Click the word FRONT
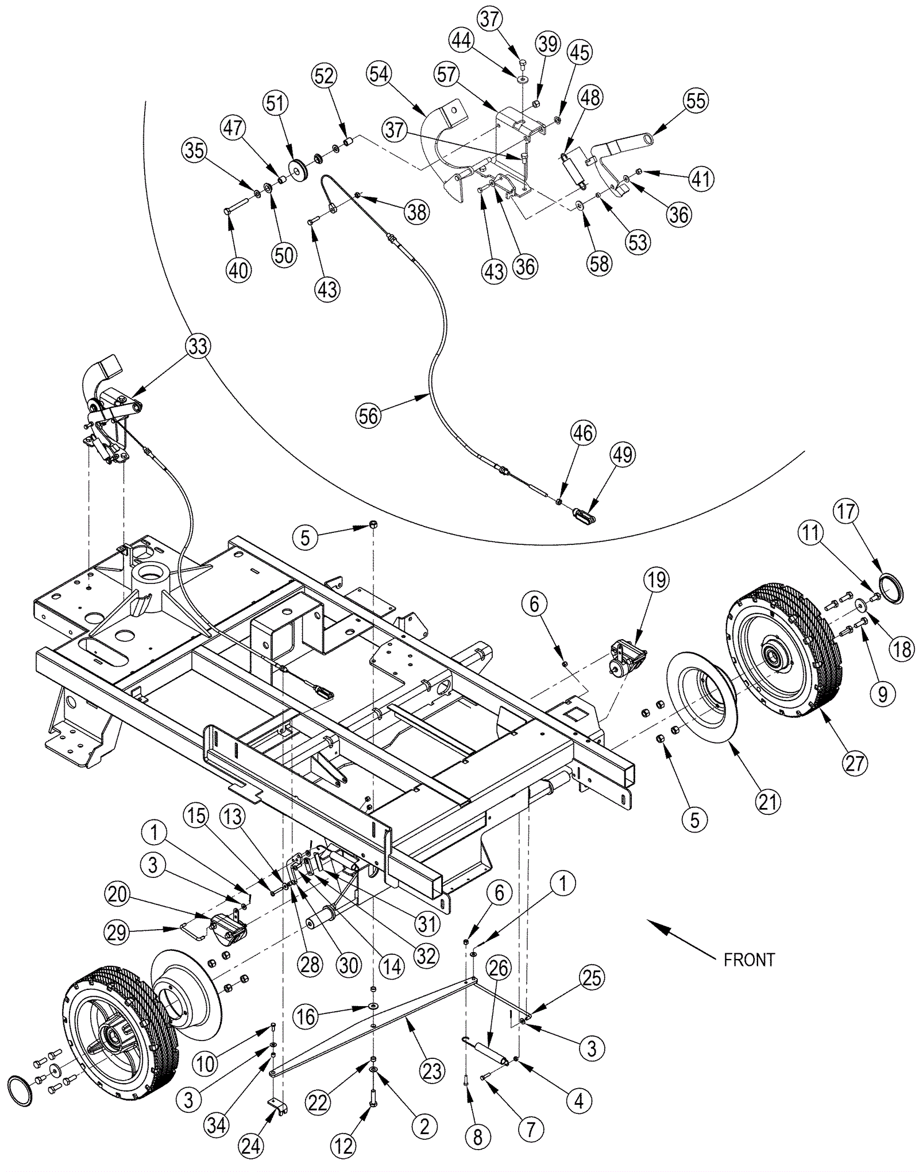point(749,960)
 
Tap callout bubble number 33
point(197,346)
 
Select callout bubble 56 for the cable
point(368,415)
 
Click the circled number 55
point(696,100)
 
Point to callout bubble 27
point(854,764)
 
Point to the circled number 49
point(623,455)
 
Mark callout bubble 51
point(275,103)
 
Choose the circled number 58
point(599,263)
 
